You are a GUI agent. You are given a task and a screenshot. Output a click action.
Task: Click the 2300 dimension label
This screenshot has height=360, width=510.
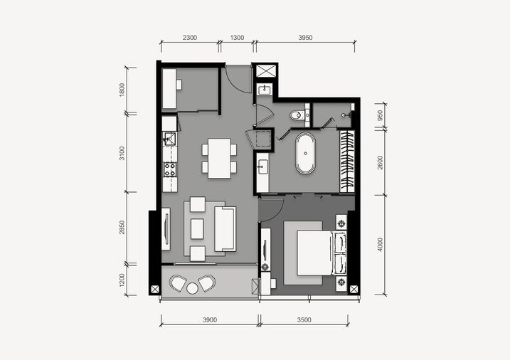pyautogui.click(x=190, y=38)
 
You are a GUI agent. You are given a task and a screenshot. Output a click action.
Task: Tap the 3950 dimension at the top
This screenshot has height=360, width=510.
pyautogui.click(x=305, y=38)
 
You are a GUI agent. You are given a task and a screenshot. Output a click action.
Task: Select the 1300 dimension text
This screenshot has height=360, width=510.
pyautogui.click(x=237, y=38)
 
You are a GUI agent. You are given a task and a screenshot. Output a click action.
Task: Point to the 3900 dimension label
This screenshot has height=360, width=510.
pyautogui.click(x=210, y=319)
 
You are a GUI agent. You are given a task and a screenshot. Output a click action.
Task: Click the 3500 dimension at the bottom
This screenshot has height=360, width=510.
pyautogui.click(x=304, y=319)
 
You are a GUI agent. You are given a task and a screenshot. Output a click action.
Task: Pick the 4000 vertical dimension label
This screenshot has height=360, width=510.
pyautogui.click(x=381, y=245)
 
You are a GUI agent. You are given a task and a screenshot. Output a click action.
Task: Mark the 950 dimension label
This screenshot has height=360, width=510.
pyautogui.click(x=381, y=115)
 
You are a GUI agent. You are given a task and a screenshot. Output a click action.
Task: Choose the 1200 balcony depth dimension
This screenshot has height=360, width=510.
pyautogui.click(x=122, y=280)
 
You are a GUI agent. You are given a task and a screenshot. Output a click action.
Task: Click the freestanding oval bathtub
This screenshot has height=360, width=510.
pyautogui.click(x=305, y=153)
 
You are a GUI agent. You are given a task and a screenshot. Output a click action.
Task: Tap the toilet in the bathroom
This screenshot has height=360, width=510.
pyautogui.click(x=297, y=115)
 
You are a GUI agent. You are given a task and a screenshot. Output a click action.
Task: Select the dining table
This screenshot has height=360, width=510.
pyautogui.click(x=220, y=159)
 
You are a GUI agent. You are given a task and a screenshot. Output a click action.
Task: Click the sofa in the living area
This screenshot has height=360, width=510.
pyautogui.click(x=225, y=229)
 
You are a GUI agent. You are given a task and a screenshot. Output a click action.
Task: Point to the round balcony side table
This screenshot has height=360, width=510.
pyautogui.click(x=192, y=288)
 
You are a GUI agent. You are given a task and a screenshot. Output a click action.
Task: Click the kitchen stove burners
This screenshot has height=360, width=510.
pyautogui.click(x=170, y=169)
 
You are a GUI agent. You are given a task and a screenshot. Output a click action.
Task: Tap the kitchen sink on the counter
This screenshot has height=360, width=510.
pyautogui.click(x=169, y=139)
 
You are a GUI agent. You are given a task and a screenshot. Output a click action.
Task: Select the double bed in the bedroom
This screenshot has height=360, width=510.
pyautogui.click(x=322, y=253)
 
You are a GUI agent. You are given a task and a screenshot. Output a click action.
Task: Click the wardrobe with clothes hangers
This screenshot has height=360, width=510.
pyautogui.click(x=347, y=162)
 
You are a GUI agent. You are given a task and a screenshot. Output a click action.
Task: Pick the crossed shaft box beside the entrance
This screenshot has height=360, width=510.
pyautogui.click(x=266, y=71)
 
